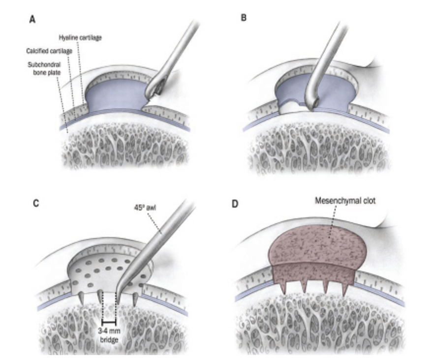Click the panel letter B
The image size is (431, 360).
[x=244, y=20]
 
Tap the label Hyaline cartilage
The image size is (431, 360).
[x=80, y=37]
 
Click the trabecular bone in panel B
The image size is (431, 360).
[x=320, y=148]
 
